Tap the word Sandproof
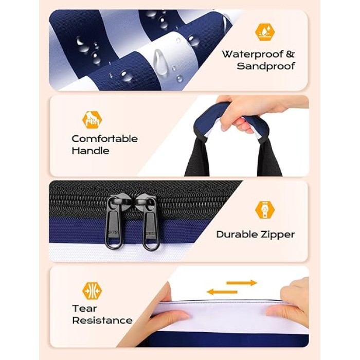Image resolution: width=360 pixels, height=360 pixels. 266,66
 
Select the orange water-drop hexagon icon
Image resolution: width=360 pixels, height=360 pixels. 265,32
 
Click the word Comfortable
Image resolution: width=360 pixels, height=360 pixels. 105,139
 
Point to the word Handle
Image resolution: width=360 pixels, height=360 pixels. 91,151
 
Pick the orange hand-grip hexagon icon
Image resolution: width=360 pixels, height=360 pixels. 92,120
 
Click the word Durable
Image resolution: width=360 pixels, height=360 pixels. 234,235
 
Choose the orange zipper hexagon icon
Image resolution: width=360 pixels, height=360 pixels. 265,210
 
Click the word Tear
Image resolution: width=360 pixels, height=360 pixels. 84,309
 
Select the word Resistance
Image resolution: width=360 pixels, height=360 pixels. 102,320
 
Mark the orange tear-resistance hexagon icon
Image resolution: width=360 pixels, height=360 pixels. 92,291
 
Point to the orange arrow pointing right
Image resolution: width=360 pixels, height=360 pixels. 242,283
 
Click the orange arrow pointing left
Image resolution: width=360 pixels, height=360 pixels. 222,292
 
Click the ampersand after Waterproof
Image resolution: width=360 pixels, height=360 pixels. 290,55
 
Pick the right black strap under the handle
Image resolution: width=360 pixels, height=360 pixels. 269,158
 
